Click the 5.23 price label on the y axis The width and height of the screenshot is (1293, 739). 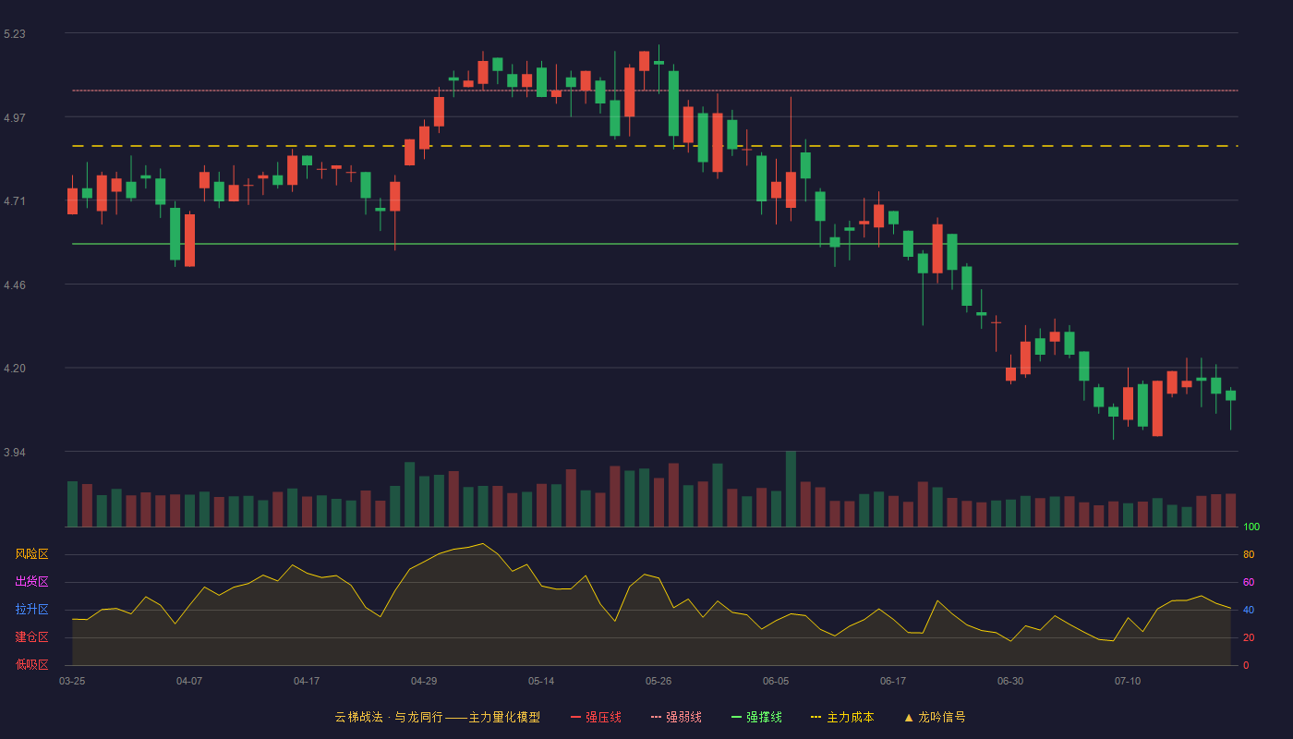[15, 34]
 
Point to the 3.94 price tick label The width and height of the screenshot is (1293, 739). [15, 452]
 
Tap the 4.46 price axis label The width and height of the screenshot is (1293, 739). [15, 285]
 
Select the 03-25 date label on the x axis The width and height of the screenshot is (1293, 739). [72, 682]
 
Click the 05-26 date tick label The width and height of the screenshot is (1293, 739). [659, 682]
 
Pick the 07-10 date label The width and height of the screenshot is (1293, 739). [1128, 682]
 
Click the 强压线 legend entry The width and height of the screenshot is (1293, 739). [596, 717]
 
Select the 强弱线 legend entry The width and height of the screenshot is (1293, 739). [676, 717]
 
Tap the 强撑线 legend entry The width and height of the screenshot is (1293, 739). [756, 717]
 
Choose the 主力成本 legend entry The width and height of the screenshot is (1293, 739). [842, 717]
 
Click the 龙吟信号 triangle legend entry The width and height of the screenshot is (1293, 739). [935, 717]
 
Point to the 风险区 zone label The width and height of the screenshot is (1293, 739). [31, 554]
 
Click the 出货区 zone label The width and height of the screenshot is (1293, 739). [31, 581]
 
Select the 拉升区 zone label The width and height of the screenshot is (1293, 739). [31, 609]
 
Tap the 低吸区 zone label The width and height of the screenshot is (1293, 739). [31, 664]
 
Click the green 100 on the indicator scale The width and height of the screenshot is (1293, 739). [1251, 527]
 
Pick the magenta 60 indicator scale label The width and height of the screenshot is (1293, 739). [1249, 582]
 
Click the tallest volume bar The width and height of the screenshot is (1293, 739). [791, 489]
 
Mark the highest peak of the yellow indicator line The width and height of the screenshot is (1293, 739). [483, 543]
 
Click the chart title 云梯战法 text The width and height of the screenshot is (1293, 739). [359, 717]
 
